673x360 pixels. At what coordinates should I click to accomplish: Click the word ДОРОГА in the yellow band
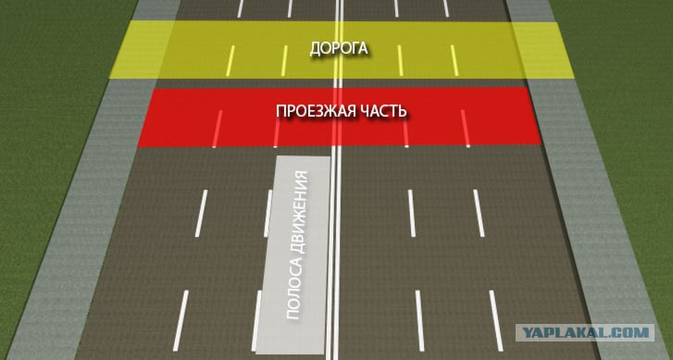(339, 48)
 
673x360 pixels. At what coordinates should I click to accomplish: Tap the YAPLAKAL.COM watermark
(585, 332)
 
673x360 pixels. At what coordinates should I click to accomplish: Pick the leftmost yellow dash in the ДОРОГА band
(231, 60)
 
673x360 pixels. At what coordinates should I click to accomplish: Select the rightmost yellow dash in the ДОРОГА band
(455, 60)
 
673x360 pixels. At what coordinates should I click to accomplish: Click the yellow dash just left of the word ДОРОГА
(284, 60)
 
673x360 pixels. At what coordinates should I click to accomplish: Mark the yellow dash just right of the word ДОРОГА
(400, 60)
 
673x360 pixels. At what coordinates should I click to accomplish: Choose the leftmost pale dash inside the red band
(218, 129)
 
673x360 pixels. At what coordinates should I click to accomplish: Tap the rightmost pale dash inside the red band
(466, 129)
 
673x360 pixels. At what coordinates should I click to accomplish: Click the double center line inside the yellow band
(339, 50)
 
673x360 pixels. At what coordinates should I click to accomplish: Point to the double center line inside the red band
(338, 118)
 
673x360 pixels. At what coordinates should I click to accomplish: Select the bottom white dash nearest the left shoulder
(181, 320)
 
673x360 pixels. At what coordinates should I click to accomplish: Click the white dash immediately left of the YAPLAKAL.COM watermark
(496, 320)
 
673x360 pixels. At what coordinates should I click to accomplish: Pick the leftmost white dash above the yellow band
(241, 8)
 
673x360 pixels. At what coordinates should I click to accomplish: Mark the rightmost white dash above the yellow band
(446, 8)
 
